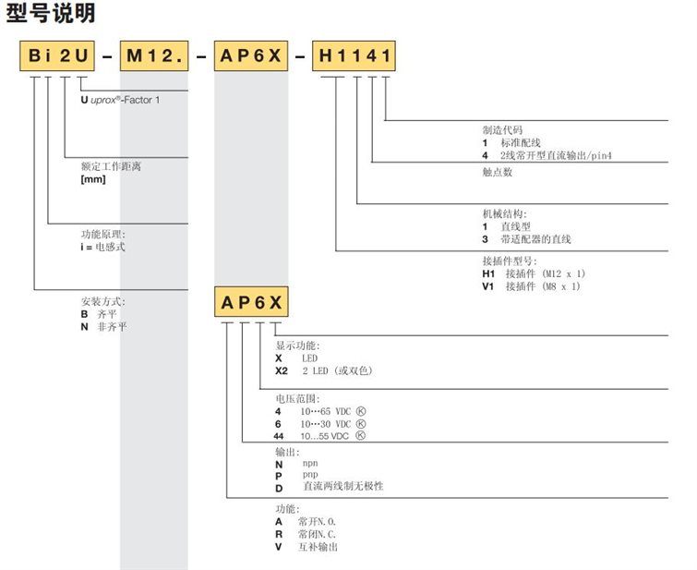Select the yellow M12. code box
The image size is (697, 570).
pos(154,58)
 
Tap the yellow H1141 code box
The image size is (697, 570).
pos(355,58)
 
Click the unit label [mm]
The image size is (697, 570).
pos(94,179)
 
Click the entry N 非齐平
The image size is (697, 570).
pos(103,327)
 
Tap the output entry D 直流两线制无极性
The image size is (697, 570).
pos(328,486)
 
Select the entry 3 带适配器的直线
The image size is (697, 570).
pos(526,240)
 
